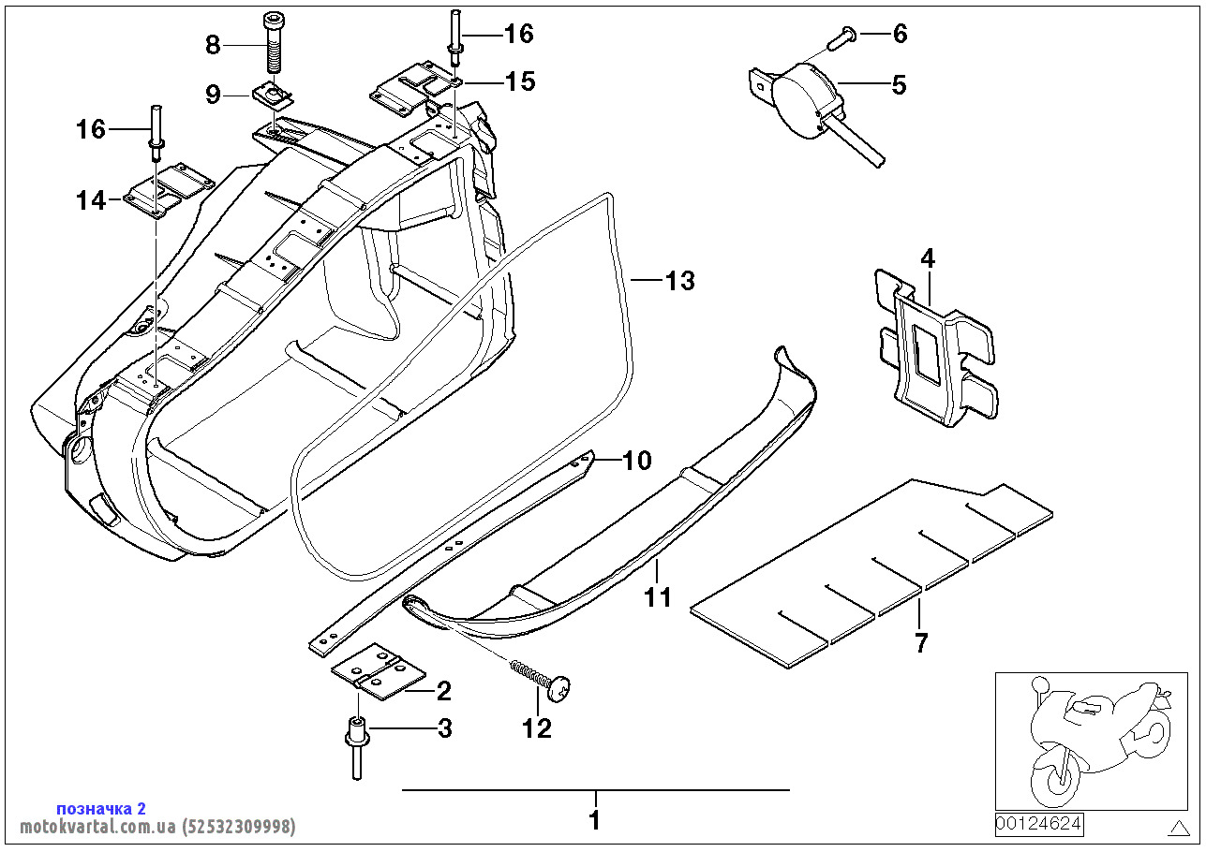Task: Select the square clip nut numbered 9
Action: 272,95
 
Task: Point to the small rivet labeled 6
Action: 841,39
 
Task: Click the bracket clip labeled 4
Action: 930,348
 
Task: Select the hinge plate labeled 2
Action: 379,671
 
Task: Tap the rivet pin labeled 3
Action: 356,745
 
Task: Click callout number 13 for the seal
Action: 679,280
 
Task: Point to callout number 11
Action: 658,596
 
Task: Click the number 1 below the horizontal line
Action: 594,821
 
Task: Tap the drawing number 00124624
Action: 1038,825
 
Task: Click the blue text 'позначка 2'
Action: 101,808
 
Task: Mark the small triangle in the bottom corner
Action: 1178,827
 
